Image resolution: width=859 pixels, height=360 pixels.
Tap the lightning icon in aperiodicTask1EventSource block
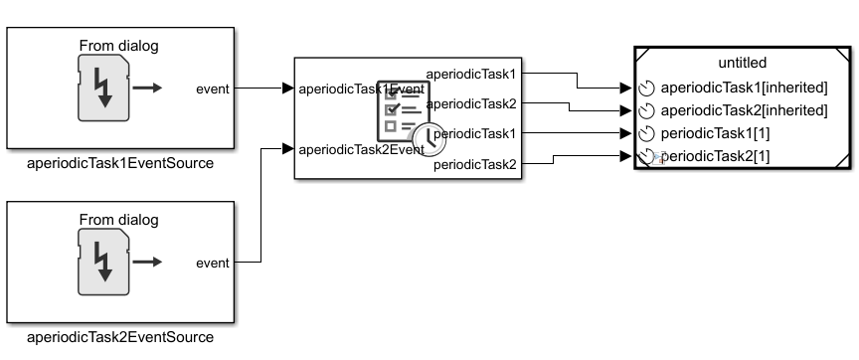point(103,89)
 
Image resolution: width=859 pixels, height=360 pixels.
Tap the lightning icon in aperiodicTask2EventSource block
point(103,263)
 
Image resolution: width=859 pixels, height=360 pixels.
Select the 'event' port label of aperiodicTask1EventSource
point(213,89)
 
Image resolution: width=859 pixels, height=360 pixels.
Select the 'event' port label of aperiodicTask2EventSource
point(213,263)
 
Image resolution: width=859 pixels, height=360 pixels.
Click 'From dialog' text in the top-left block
point(119,45)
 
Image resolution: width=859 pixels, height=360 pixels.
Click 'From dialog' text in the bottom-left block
point(119,219)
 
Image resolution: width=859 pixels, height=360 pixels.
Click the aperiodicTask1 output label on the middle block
point(471,74)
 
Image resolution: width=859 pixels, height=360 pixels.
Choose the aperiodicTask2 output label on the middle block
point(471,103)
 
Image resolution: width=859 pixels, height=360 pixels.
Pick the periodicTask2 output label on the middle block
point(475,164)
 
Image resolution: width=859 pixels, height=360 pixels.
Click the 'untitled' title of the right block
point(742,63)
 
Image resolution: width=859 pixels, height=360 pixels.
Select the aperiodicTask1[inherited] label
point(744,87)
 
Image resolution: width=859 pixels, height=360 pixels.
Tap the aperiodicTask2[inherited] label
point(744,110)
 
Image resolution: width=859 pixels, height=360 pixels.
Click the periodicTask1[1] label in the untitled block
point(715,133)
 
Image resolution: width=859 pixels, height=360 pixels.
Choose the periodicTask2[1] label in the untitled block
point(715,156)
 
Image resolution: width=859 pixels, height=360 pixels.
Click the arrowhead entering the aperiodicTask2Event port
point(288,149)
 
